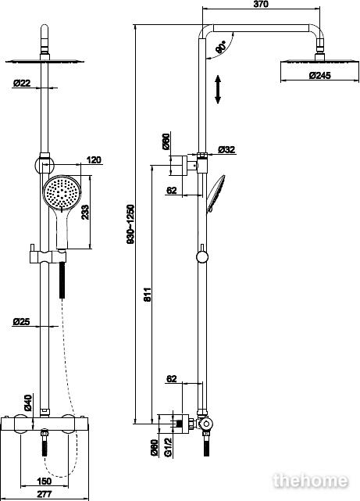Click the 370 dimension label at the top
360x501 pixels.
pyautogui.click(x=261, y=4)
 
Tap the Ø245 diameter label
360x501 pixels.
pyautogui.click(x=320, y=76)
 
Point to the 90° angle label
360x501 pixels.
pyautogui.click(x=221, y=47)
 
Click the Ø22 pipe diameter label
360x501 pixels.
pyautogui.click(x=22, y=83)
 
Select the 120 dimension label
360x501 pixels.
pyautogui.click(x=94, y=159)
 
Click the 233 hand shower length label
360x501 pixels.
pyautogui.click(x=85, y=212)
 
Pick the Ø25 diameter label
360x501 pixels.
pyautogui.click(x=21, y=322)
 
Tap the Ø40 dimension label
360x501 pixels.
pyautogui.click(x=28, y=403)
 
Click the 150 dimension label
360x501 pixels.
pyautogui.click(x=44, y=481)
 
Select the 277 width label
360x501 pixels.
pyautogui.click(x=44, y=494)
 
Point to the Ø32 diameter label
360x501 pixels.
pyautogui.click(x=226, y=149)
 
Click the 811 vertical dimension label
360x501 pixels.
pyautogui.click(x=147, y=295)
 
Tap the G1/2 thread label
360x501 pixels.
pyautogui.click(x=168, y=447)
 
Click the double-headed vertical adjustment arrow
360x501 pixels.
pyautogui.click(x=218, y=89)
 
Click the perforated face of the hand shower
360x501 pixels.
pyautogui.click(x=62, y=193)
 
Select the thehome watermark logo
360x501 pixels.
pyautogui.click(x=311, y=481)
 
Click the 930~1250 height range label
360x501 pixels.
pyautogui.click(x=131, y=224)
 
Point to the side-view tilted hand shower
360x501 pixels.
pyautogui.click(x=216, y=194)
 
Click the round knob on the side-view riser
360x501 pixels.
pyautogui.click(x=202, y=256)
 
